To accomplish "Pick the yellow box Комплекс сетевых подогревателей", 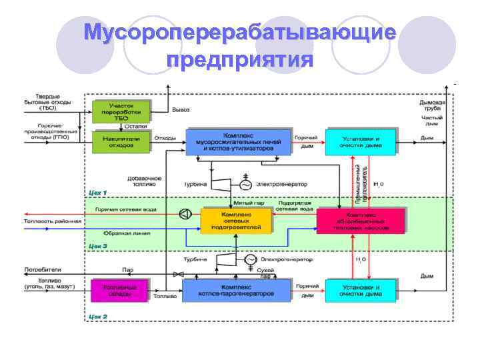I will pos(237,221).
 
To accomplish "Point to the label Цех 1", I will pos(97,192).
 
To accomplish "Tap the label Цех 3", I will pos(97,246).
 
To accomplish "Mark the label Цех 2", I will pos(97,315).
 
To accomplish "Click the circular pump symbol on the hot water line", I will pos(184,214).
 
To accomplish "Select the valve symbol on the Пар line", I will pos(177,274).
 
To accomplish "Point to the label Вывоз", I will pos(181,109).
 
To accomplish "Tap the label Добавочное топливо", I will pos(144,181).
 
